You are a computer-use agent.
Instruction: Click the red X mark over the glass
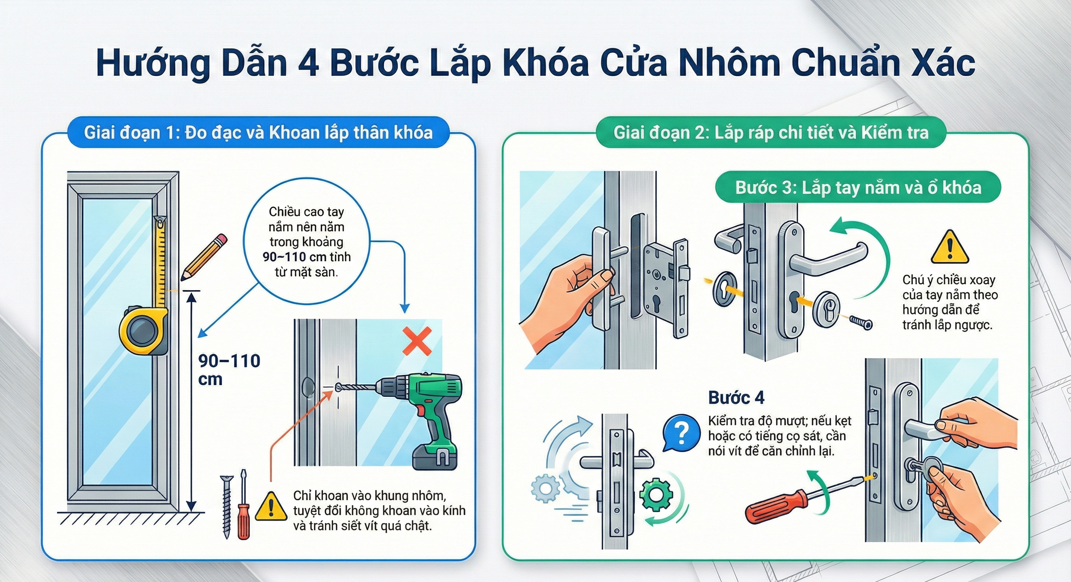(417, 341)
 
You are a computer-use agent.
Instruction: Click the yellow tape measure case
(142, 331)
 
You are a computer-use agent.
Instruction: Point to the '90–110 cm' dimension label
(229, 369)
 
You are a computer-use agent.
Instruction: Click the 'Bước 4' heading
(736, 398)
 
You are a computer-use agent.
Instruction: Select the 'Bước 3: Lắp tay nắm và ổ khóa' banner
(858, 188)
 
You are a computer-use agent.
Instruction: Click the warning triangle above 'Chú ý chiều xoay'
(950, 248)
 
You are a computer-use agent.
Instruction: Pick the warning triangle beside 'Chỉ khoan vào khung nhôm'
(270, 507)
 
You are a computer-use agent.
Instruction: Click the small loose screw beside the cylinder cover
(860, 323)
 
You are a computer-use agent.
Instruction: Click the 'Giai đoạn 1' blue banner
(258, 133)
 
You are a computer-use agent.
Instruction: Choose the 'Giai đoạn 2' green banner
(771, 133)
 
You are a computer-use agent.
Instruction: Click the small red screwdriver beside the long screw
(243, 511)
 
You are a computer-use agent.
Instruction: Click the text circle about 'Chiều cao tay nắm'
(306, 242)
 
